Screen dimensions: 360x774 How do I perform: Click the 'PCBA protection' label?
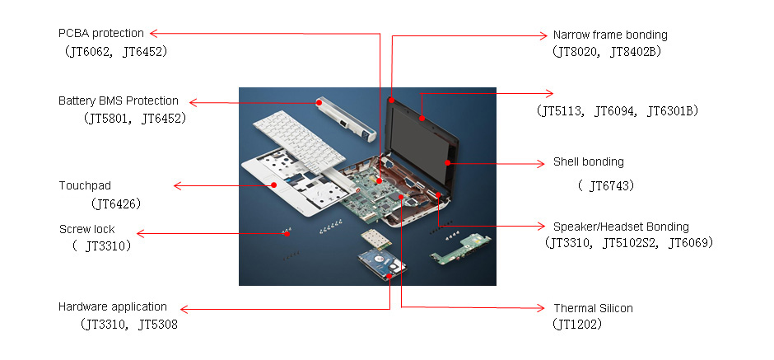[100, 34]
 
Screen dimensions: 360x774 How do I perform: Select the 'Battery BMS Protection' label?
[118, 101]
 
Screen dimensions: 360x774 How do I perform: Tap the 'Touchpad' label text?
[85, 185]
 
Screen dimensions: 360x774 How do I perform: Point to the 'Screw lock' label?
[87, 229]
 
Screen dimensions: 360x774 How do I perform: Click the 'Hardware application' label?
[112, 307]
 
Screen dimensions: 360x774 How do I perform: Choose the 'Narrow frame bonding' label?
[609, 35]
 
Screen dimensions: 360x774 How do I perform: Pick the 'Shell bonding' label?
[588, 162]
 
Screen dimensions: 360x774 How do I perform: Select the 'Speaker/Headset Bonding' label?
[621, 227]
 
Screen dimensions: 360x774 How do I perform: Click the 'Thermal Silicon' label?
[593, 308]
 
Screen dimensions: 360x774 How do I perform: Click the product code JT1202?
[578, 325]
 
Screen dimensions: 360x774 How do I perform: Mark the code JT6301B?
[671, 110]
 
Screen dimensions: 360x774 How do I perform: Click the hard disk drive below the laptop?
[383, 265]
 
